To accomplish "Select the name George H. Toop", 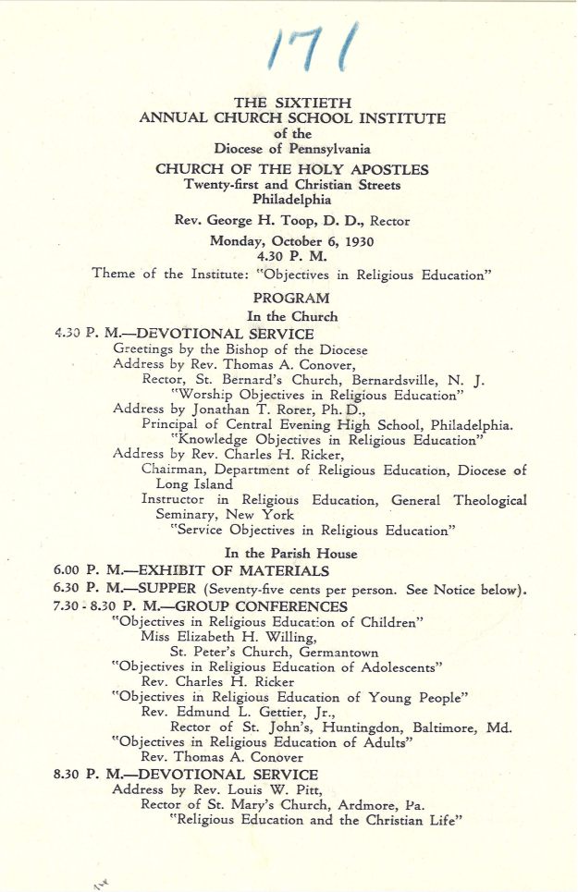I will (255, 221).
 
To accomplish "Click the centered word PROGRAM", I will (291, 298).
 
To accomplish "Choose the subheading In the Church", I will (291, 316).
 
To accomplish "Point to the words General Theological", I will (459, 500).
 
